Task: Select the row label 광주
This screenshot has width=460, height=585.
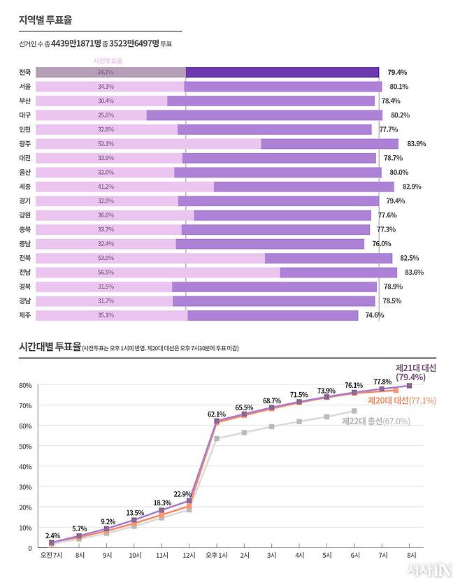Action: pos(25,143)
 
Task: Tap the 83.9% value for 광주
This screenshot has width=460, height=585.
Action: pos(416,143)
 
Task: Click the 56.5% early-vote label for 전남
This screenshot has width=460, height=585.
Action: pos(106,272)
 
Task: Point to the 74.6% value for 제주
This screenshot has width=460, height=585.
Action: pos(394,315)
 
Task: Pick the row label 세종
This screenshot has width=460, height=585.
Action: pos(25,187)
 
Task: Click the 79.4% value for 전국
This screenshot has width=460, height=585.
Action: pos(397,72)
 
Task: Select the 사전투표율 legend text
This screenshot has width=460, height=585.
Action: pos(108,62)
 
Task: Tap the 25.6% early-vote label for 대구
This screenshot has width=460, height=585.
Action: pos(106,115)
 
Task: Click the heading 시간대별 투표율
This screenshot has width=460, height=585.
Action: pos(49,347)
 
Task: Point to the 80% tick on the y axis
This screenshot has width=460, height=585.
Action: pos(25,385)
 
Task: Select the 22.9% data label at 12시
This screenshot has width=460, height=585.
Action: pos(183,494)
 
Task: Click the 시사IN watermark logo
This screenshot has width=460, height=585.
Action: pos(429,570)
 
